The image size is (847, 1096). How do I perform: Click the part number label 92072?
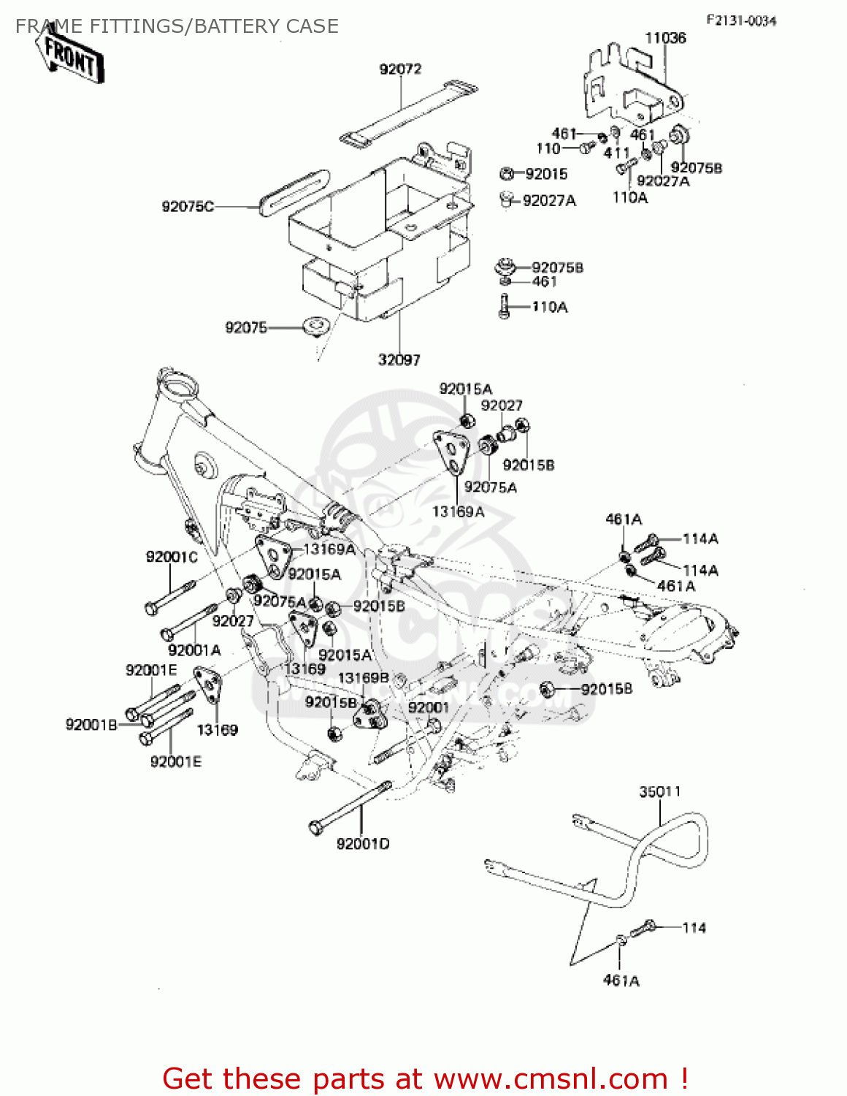(400, 69)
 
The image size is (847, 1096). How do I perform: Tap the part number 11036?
(665, 38)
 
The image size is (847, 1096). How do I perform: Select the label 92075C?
(188, 207)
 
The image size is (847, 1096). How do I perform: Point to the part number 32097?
(399, 359)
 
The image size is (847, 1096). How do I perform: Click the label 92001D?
(363, 844)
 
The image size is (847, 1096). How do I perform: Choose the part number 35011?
(660, 791)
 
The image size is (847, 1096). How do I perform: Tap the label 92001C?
(172, 557)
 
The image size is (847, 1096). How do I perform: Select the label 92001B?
(91, 724)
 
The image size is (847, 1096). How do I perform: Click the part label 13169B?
(363, 678)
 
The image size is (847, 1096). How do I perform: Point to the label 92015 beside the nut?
(546, 174)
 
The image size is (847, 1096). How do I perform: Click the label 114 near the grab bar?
(694, 928)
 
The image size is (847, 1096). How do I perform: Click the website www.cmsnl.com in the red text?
(551, 1079)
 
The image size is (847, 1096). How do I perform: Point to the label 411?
(616, 153)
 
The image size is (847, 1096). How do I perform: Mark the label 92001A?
(194, 650)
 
